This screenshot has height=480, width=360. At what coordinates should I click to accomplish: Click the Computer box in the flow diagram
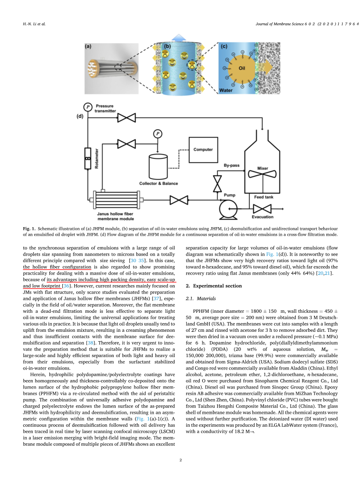(x=203, y=150)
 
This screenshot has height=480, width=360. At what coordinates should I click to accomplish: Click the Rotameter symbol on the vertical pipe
(x=88, y=159)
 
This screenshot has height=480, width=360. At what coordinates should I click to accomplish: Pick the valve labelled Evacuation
(x=263, y=209)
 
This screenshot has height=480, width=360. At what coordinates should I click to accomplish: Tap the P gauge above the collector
(x=158, y=134)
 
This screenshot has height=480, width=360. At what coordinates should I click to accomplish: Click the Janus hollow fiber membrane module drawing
(x=115, y=200)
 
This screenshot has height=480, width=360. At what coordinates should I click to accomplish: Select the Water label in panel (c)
(x=226, y=90)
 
